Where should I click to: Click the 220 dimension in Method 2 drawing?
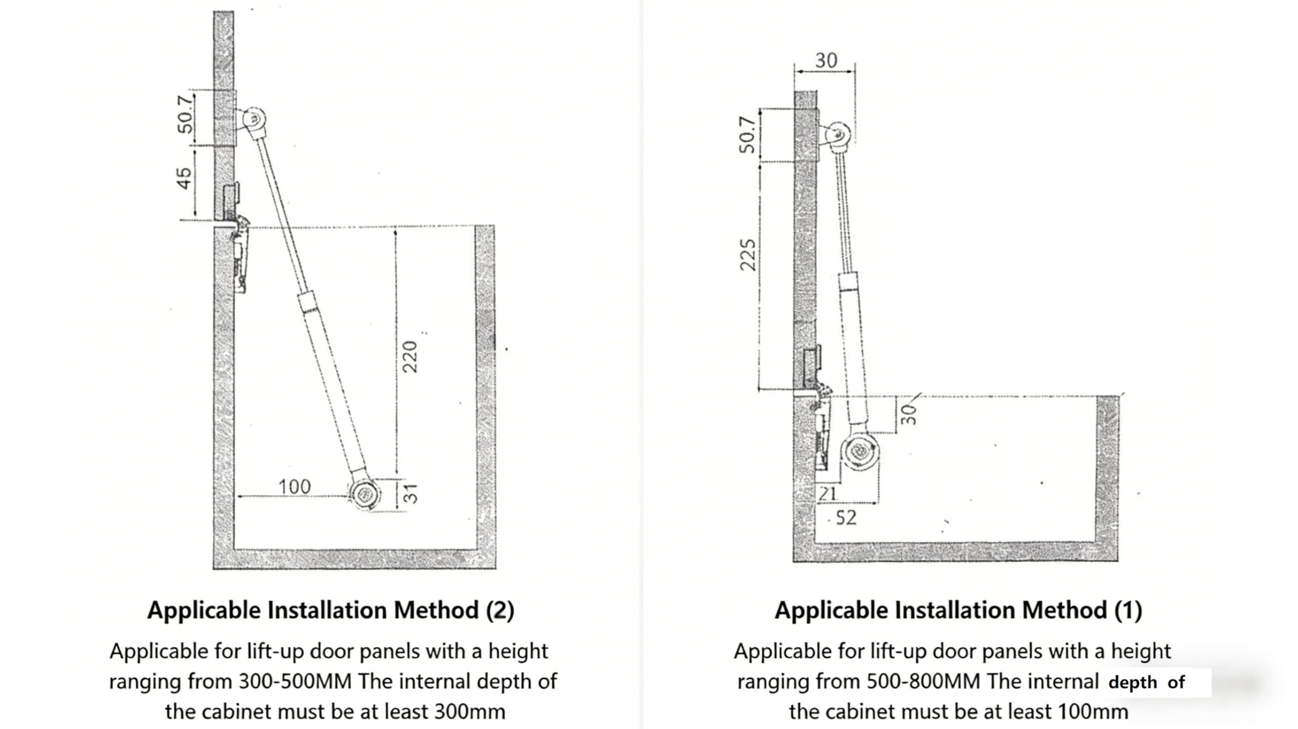410,356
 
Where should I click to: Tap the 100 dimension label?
295,487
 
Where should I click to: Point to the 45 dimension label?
185,178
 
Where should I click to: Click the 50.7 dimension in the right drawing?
747,134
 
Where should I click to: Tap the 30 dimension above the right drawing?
826,61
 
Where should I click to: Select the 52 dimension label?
846,518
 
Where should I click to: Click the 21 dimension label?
827,493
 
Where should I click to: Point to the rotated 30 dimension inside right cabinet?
909,414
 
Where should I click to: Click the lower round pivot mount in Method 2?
365,494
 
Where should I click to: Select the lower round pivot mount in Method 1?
859,451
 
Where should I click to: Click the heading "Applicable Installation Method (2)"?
331,610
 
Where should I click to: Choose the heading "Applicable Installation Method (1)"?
958,610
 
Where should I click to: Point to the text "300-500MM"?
295,682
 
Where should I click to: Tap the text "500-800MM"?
923,682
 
